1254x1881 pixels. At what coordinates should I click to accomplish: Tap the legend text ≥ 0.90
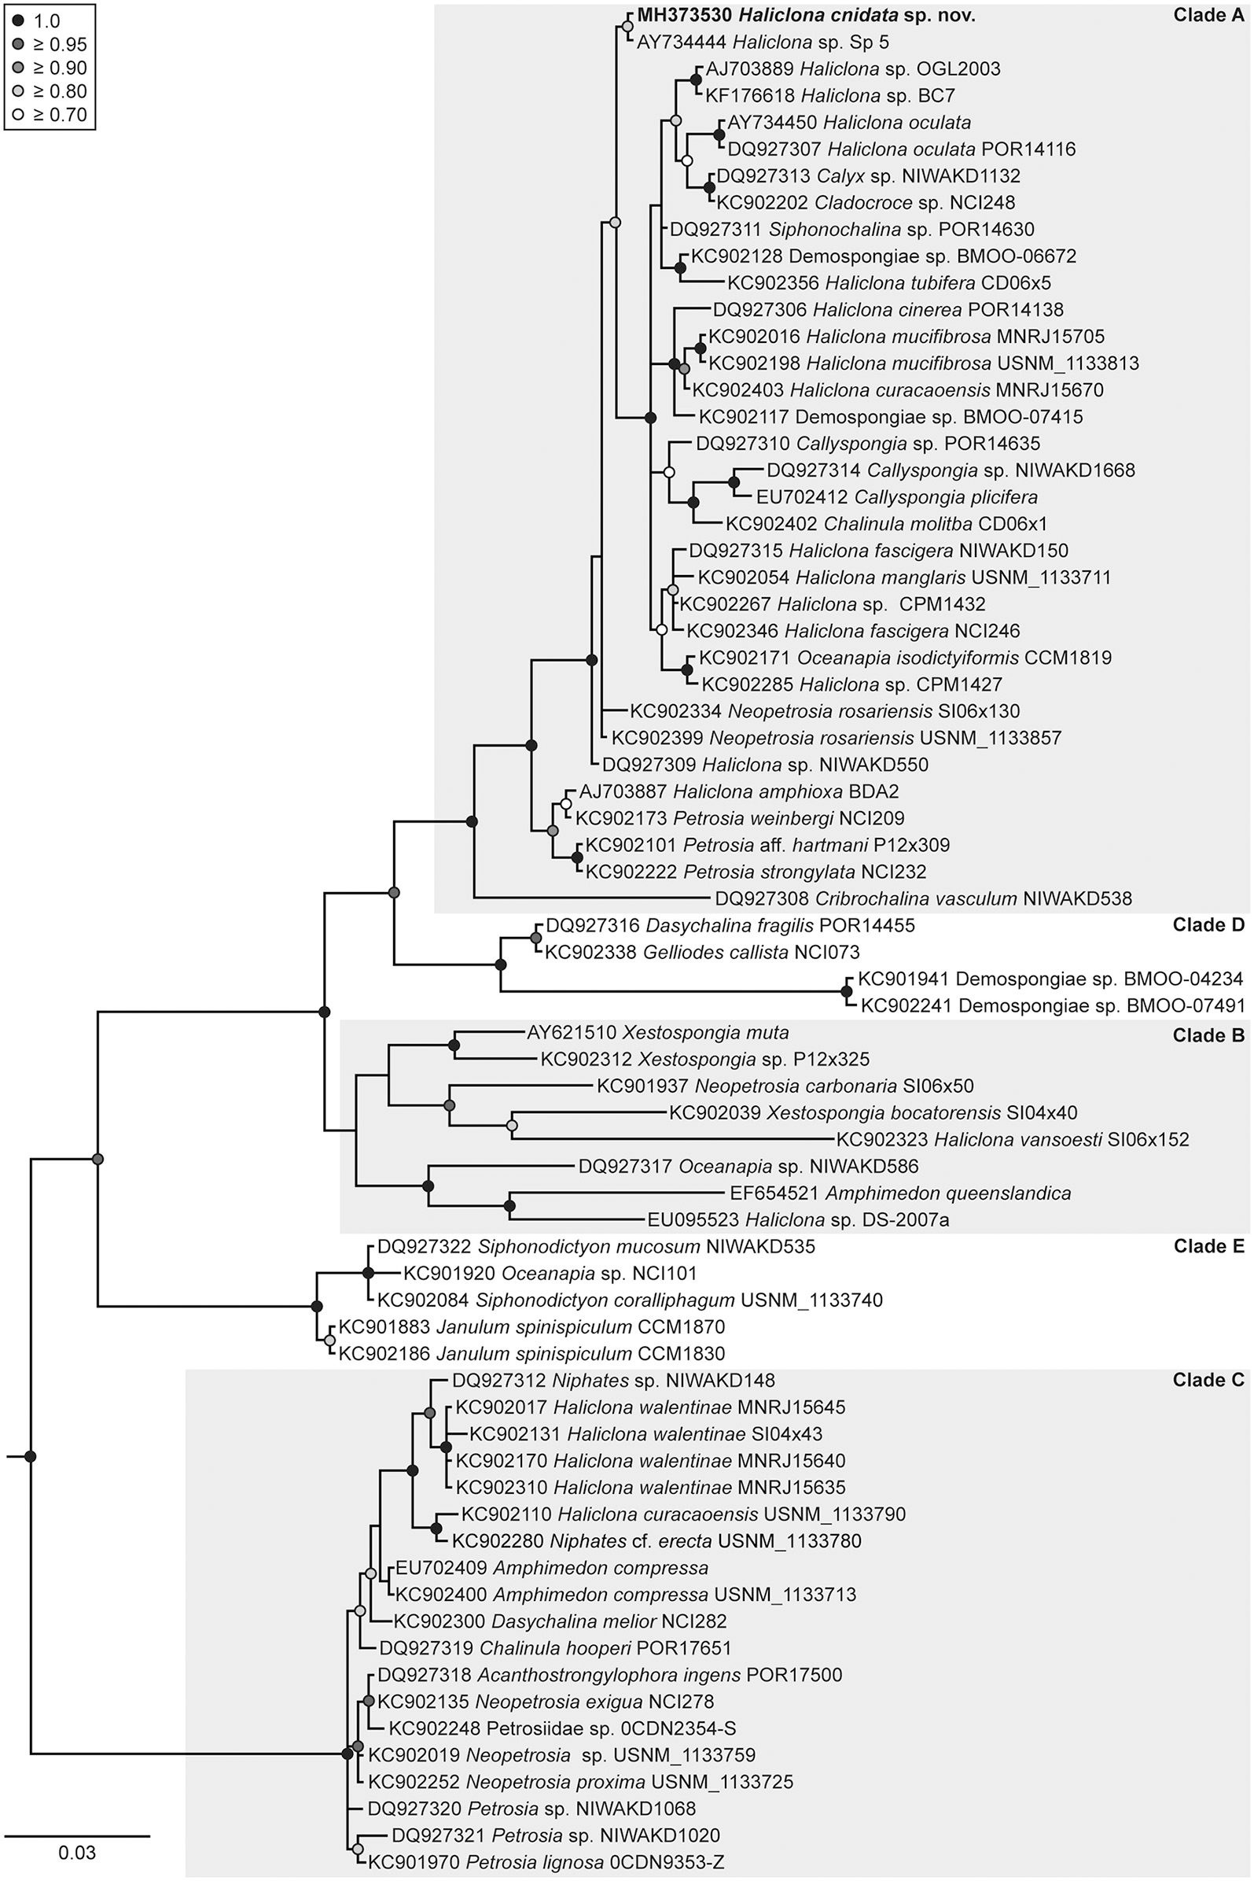[x=60, y=68]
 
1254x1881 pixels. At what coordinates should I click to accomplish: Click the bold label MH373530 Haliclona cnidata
[x=805, y=15]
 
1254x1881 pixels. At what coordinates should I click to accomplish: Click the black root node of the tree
[x=31, y=1456]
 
